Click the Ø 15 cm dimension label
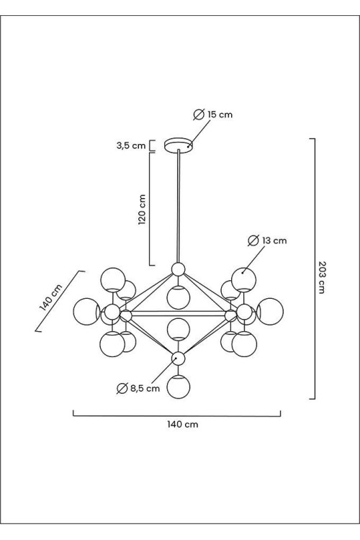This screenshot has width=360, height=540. (x=213, y=114)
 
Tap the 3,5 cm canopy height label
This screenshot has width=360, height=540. (x=131, y=145)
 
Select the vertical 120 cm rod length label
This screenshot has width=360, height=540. (x=142, y=210)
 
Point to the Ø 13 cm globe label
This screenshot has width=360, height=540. (x=267, y=240)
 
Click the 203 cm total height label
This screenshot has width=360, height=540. (x=321, y=277)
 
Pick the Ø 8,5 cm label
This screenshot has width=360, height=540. (x=138, y=389)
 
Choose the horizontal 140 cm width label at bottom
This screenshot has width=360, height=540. (x=183, y=424)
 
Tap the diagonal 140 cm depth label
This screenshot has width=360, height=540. (x=51, y=297)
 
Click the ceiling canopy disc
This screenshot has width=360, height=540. (x=179, y=145)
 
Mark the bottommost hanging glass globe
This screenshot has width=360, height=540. (x=179, y=387)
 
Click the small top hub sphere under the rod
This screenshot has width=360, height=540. (x=179, y=269)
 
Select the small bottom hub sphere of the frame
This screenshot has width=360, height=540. (x=179, y=359)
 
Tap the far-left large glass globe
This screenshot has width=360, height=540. (x=87, y=312)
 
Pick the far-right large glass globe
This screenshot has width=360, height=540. (x=270, y=311)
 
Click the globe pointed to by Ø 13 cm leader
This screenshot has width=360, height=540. (x=244, y=279)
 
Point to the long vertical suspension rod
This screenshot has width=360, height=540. (x=179, y=206)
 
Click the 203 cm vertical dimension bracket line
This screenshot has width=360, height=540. (x=315, y=269)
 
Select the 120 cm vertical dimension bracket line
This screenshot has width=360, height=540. (x=150, y=209)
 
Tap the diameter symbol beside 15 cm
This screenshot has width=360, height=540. (x=199, y=114)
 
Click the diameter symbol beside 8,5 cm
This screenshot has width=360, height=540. (x=122, y=389)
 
